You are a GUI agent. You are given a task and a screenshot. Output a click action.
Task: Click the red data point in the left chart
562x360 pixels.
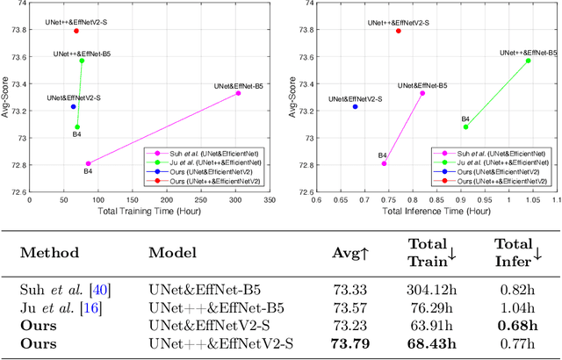click(76, 31)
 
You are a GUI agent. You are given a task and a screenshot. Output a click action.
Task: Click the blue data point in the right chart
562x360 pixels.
click(355, 107)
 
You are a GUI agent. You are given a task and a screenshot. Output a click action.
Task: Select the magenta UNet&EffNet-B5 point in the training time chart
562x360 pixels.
click(238, 93)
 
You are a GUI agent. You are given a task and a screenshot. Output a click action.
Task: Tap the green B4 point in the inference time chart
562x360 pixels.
click(465, 126)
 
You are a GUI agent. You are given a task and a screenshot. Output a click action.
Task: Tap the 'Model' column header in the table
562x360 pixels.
click(172, 253)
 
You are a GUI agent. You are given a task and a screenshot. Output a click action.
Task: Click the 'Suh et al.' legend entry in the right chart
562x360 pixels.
click(494, 153)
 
